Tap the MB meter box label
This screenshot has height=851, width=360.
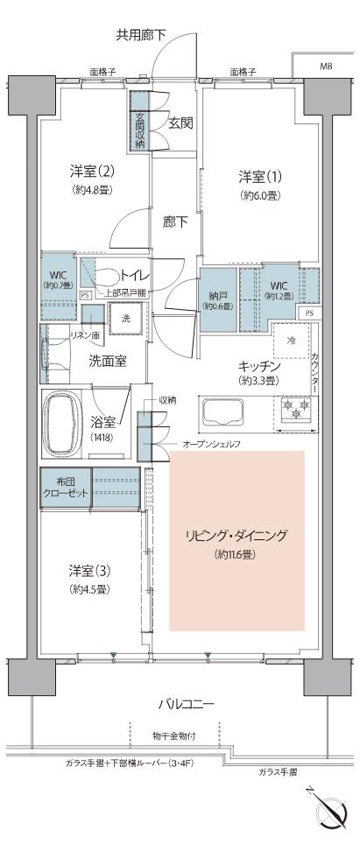[x=325, y=67]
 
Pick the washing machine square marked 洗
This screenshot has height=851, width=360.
[x=125, y=317]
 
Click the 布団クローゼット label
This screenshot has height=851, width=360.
[x=65, y=488]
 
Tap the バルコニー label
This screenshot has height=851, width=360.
[x=186, y=703]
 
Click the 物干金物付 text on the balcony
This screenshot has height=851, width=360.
[x=176, y=736]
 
